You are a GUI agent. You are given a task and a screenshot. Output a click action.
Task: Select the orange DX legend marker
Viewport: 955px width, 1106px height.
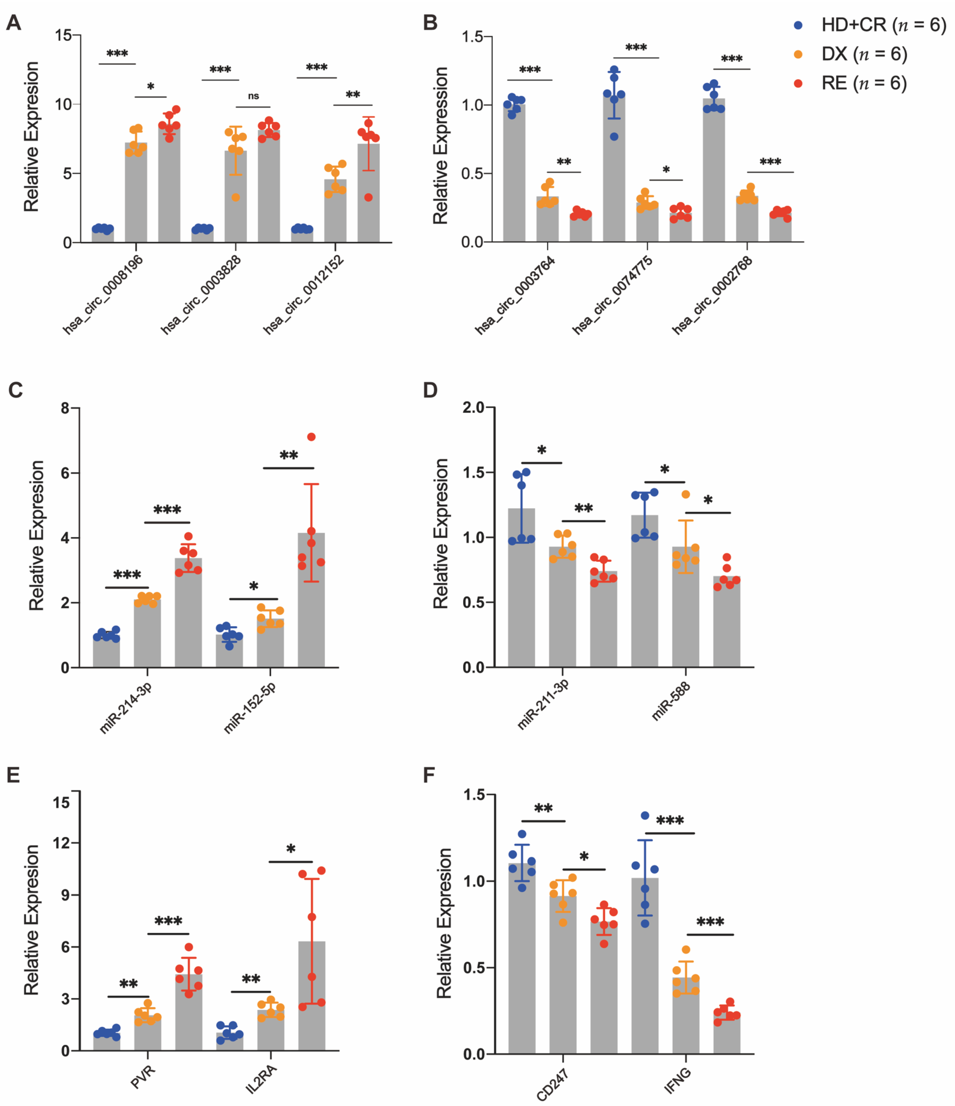[x=798, y=54]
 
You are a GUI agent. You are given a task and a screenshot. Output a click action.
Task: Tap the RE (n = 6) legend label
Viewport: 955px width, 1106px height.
[x=864, y=83]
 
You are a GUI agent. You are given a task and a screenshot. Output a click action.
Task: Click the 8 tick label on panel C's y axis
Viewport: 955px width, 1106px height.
[x=65, y=408]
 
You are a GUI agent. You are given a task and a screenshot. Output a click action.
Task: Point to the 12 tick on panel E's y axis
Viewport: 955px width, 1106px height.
[x=62, y=843]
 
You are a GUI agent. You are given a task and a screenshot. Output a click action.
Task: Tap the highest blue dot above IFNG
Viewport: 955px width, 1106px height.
[x=645, y=816]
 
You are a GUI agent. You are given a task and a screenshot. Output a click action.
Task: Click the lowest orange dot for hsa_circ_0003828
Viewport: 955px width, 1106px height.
[x=235, y=198]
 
